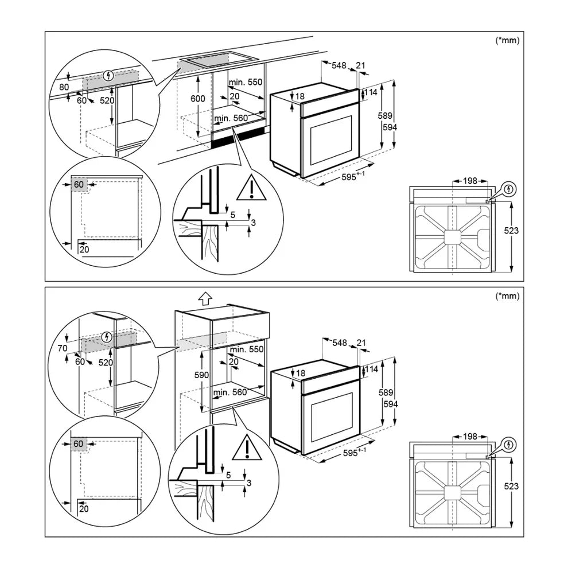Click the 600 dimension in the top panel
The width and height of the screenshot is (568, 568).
point(197,99)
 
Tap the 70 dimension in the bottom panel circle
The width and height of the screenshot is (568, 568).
point(63,348)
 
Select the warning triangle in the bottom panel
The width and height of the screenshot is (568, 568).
point(247,448)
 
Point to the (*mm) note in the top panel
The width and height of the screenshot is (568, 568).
point(507,41)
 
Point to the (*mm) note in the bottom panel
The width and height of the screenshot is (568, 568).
point(507,296)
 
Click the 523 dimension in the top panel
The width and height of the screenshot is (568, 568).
point(511,231)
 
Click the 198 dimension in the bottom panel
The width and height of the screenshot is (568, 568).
point(470,437)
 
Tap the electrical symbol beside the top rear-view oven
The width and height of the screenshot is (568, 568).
point(509,189)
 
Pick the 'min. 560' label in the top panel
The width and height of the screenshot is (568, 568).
point(231,119)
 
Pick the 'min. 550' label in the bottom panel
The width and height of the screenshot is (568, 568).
point(246,349)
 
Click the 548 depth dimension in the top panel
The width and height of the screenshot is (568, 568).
point(339,65)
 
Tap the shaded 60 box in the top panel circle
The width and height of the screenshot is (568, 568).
point(79,184)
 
